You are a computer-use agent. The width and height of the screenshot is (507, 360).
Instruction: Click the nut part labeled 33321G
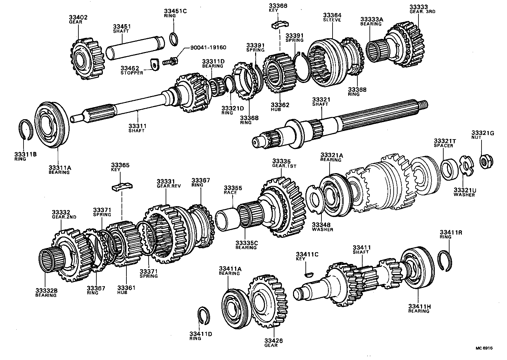tap(486, 160)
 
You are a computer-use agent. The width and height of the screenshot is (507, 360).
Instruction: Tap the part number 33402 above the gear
tap(78, 17)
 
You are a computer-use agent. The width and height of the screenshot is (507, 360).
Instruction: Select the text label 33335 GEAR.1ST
tap(284, 163)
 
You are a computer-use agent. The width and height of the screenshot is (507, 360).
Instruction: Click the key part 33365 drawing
tap(122, 187)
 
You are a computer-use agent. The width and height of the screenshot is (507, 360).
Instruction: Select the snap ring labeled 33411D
tap(205, 316)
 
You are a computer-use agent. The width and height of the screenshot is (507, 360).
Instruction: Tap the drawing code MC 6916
tap(483, 348)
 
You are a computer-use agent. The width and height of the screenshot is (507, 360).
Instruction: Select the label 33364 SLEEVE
tap(332, 17)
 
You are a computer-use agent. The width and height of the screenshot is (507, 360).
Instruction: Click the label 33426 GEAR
tap(273, 343)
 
